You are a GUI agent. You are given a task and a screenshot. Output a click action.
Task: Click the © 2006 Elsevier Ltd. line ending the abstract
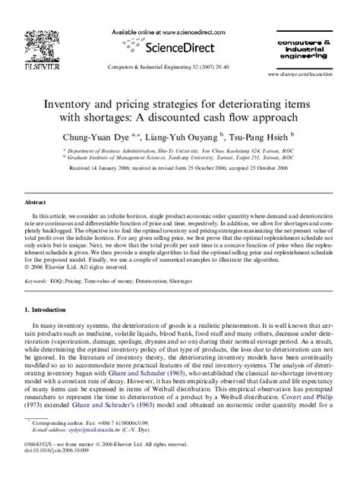coord(77,267)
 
